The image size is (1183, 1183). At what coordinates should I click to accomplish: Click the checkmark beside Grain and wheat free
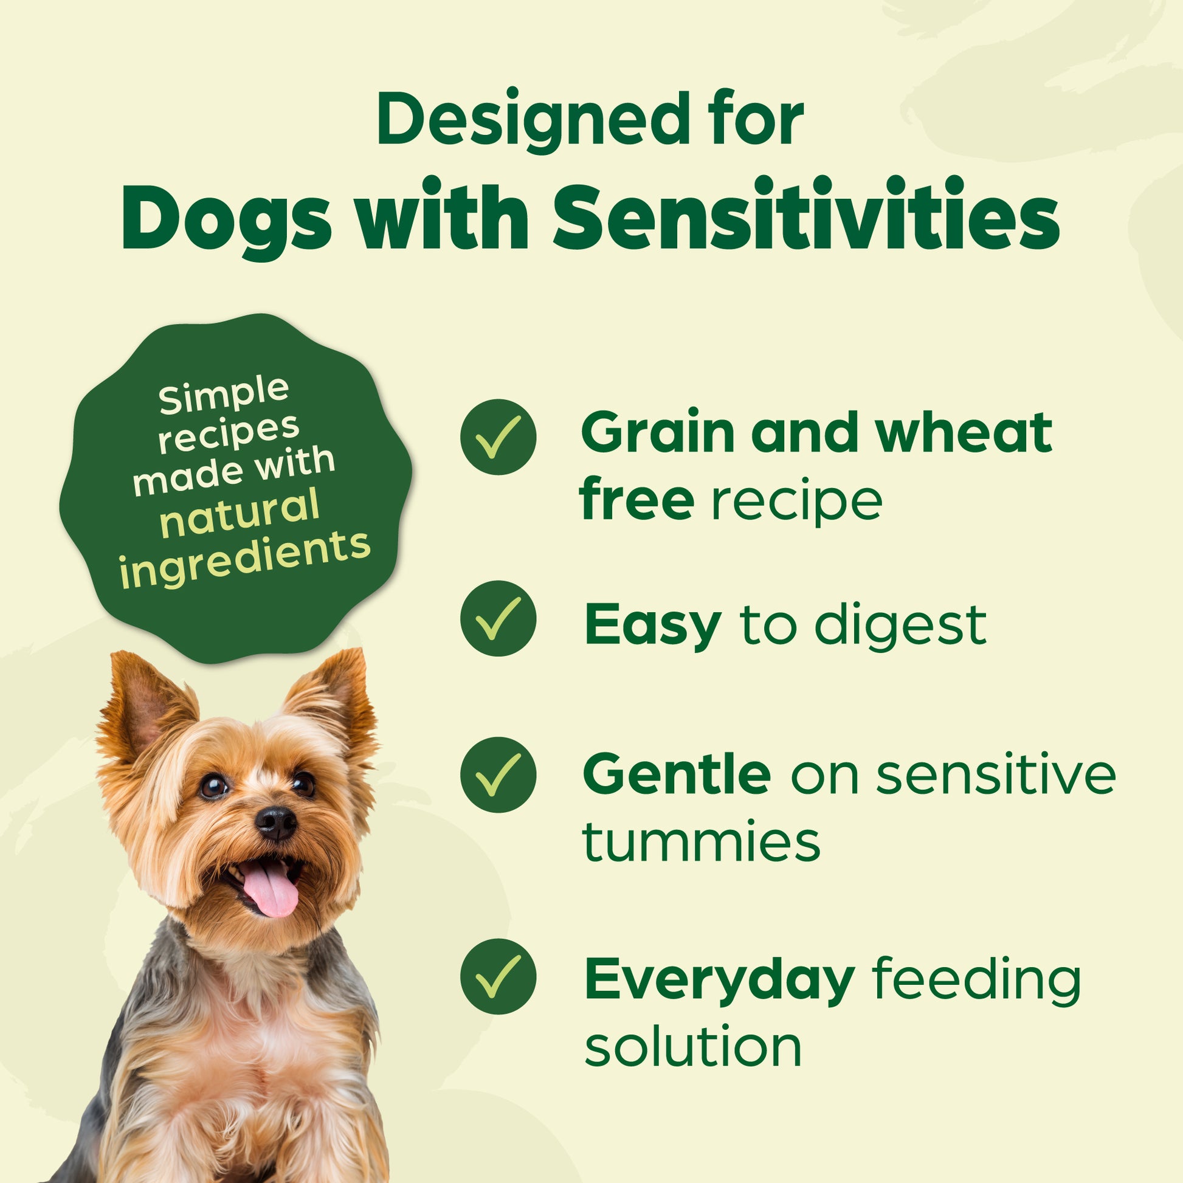[498, 436]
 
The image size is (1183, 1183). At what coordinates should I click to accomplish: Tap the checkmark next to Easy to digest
[498, 618]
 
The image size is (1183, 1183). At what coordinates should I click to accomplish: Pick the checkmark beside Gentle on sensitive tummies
[498, 774]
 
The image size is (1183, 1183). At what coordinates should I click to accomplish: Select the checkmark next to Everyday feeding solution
[498, 977]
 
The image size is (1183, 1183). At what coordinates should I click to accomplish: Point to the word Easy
[653, 626]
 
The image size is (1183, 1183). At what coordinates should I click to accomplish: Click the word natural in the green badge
[240, 513]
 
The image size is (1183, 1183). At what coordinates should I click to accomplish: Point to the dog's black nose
[275, 823]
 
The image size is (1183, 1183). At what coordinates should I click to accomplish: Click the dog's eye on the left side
[214, 785]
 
